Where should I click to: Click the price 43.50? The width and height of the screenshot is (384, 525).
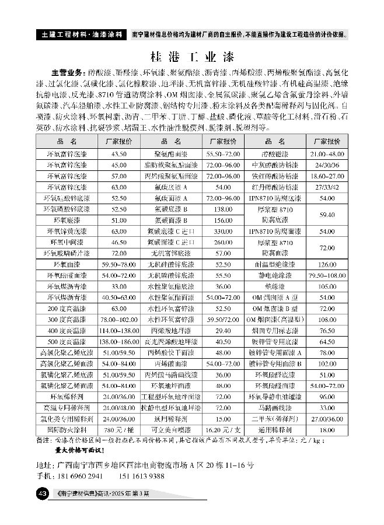[118, 153]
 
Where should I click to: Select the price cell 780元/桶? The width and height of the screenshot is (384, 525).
[118, 430]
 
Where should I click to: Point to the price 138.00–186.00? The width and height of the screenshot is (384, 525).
[118, 341]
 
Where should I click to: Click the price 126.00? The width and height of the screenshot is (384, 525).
[327, 264]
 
